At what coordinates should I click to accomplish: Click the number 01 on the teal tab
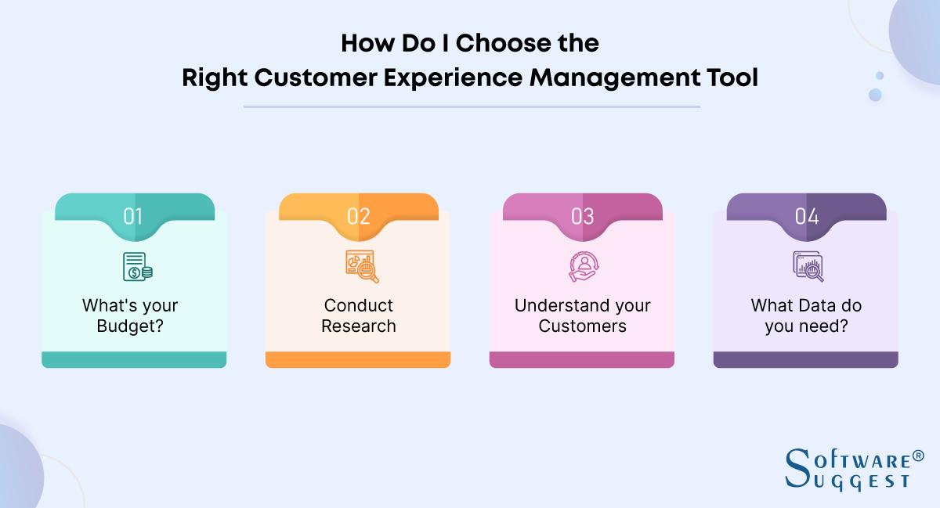click(x=133, y=216)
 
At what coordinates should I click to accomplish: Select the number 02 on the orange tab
click(x=358, y=216)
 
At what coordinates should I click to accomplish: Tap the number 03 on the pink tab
click(x=582, y=216)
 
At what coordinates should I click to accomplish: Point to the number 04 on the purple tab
click(x=806, y=216)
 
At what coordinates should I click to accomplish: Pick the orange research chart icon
click(x=362, y=266)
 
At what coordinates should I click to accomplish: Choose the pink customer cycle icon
click(x=582, y=266)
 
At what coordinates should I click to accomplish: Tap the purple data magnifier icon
click(x=808, y=266)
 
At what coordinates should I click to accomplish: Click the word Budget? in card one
click(x=130, y=326)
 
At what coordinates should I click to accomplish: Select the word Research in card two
click(x=359, y=326)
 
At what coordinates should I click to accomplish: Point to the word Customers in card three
click(x=582, y=326)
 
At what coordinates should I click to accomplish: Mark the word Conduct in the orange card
click(x=359, y=305)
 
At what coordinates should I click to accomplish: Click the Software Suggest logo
click(x=846, y=469)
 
